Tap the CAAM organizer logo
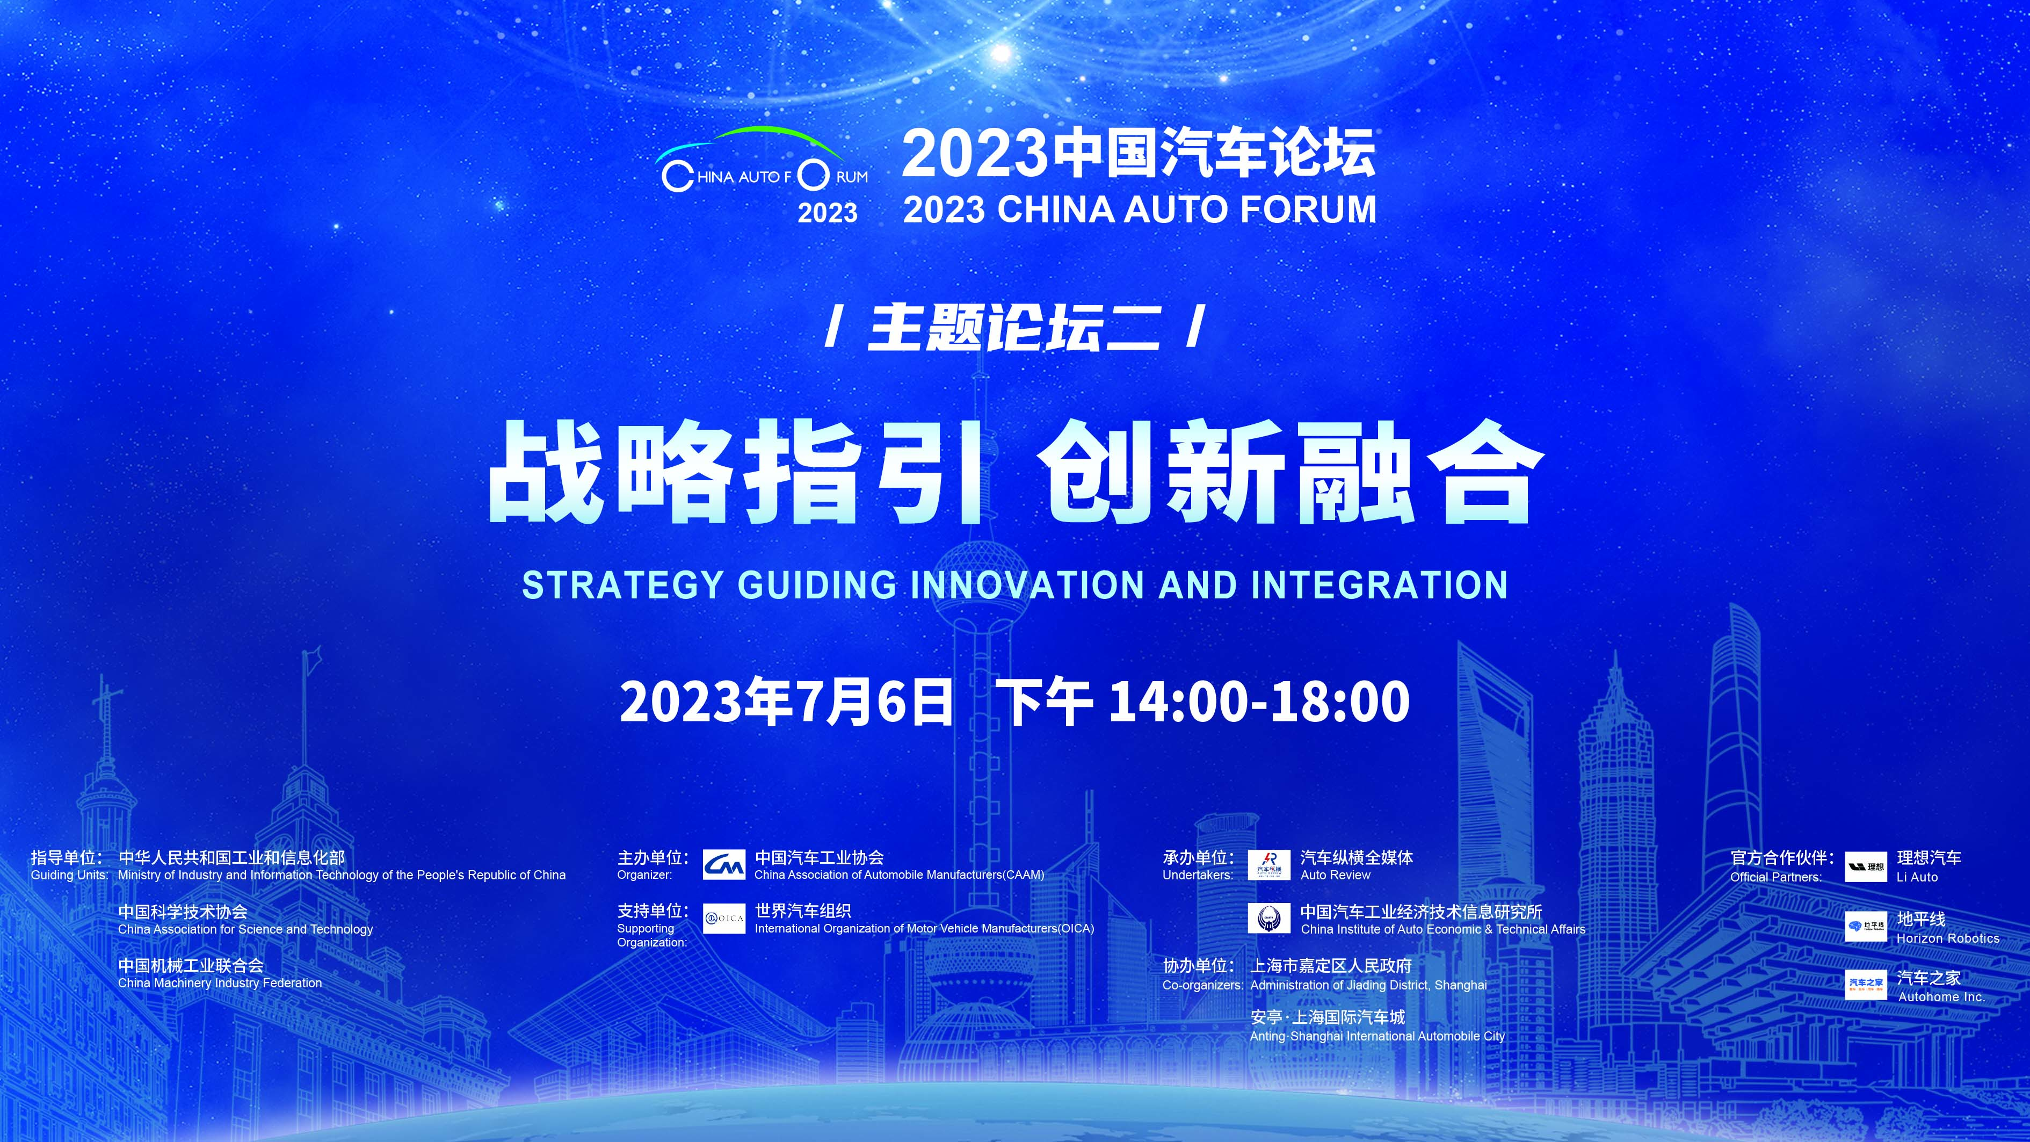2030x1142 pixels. [x=723, y=865]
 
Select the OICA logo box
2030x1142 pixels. [x=723, y=918]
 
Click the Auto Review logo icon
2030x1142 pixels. [x=1268, y=865]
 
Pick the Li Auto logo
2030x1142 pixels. [x=1866, y=866]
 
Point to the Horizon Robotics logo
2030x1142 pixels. [x=1866, y=926]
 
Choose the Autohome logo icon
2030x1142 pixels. [x=1866, y=985]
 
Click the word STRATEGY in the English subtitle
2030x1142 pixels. [x=622, y=585]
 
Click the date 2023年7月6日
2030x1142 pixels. [x=786, y=702]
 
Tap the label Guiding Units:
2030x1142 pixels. [x=69, y=875]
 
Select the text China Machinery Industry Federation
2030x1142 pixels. [x=220, y=983]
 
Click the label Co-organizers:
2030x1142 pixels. [x=1202, y=985]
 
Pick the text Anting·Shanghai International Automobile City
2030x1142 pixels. [x=1378, y=1036]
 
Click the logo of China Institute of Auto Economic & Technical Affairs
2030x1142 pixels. [x=1268, y=918]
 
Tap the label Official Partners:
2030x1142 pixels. [x=1777, y=877]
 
